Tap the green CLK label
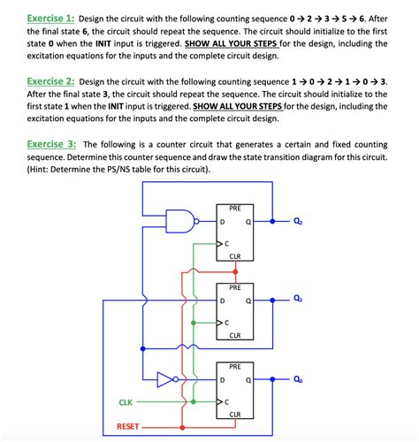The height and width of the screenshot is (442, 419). pyautogui.click(x=126, y=402)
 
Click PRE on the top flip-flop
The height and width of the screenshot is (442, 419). pyautogui.click(x=235, y=209)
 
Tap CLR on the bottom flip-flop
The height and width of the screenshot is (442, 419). pyautogui.click(x=235, y=414)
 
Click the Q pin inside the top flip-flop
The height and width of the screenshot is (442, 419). pyautogui.click(x=249, y=221)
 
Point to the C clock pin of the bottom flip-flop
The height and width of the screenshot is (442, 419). pyautogui.click(x=226, y=402)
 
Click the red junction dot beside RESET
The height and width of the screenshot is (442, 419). pyautogui.click(x=183, y=428)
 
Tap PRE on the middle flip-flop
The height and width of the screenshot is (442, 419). pyautogui.click(x=235, y=288)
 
